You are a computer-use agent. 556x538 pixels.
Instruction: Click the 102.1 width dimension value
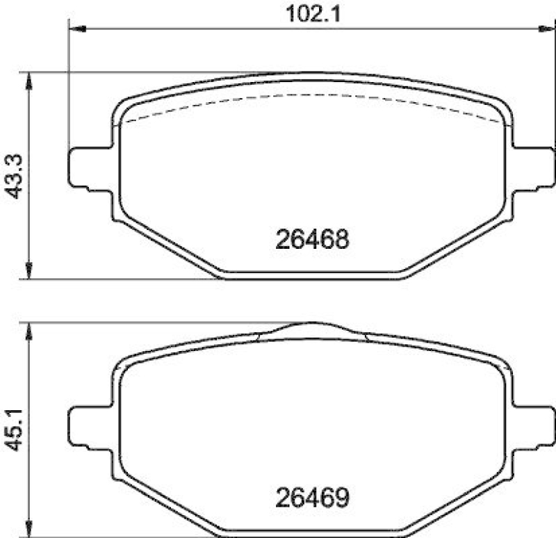[313, 14]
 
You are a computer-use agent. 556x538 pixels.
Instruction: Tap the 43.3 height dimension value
[15, 177]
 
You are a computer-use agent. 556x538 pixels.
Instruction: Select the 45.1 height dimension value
[15, 430]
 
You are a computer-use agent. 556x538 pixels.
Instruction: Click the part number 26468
[312, 239]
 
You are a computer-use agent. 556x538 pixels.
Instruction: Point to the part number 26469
[312, 497]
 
